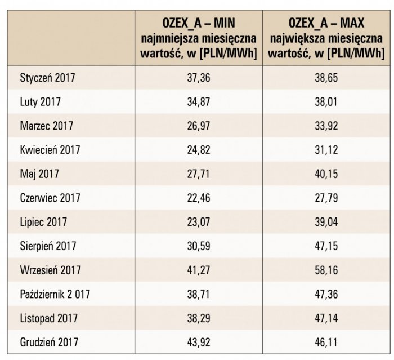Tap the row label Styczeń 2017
(x=47, y=78)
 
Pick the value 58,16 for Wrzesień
(x=326, y=270)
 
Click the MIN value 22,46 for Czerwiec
(x=199, y=198)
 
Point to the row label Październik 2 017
(x=55, y=294)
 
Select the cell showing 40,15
(x=326, y=174)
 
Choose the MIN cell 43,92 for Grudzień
(x=199, y=342)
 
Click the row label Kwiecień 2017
(x=50, y=150)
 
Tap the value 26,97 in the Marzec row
(x=199, y=126)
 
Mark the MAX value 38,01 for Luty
(x=326, y=101)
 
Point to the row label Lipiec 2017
(x=43, y=222)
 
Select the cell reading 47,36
(x=326, y=294)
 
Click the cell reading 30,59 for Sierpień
(x=199, y=246)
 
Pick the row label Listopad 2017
(x=49, y=318)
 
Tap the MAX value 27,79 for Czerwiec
(x=326, y=198)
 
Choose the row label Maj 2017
(x=39, y=174)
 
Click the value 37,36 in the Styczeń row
(x=199, y=78)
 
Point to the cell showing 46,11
(x=326, y=342)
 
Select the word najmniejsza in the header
(x=170, y=39)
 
